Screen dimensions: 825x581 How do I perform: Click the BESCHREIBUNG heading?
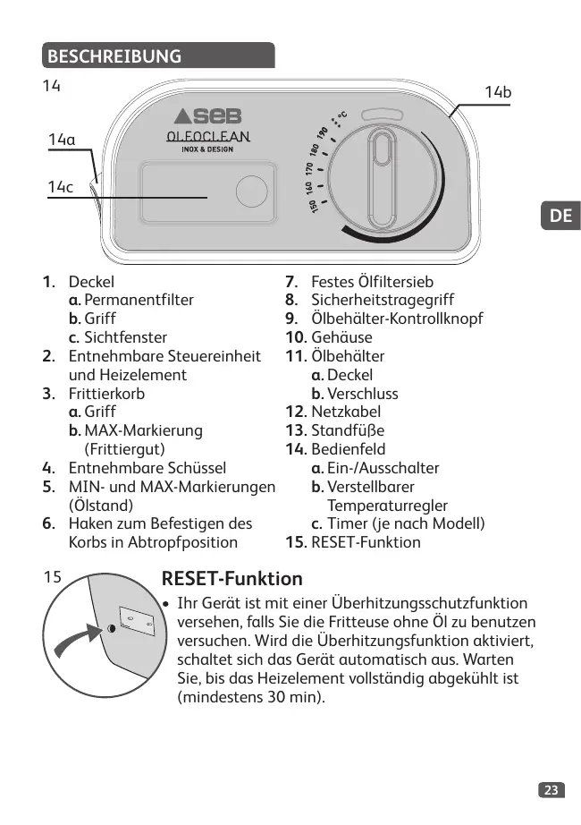pyautogui.click(x=114, y=56)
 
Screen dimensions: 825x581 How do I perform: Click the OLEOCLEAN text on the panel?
pyautogui.click(x=206, y=137)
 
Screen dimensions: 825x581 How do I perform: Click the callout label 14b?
pyautogui.click(x=498, y=92)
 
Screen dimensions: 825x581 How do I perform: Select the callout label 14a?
pyautogui.click(x=62, y=140)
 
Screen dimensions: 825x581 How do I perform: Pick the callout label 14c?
pyautogui.click(x=61, y=186)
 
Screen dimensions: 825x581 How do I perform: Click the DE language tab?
pyautogui.click(x=560, y=216)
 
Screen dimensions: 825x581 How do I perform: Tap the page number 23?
pyautogui.click(x=552, y=789)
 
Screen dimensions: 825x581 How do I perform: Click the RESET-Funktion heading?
pyautogui.click(x=232, y=579)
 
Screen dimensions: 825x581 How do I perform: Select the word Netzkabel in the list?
pyautogui.click(x=345, y=412)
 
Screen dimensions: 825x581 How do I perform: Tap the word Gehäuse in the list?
pyautogui.click(x=341, y=337)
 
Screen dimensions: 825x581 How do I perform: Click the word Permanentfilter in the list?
pyautogui.click(x=139, y=300)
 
